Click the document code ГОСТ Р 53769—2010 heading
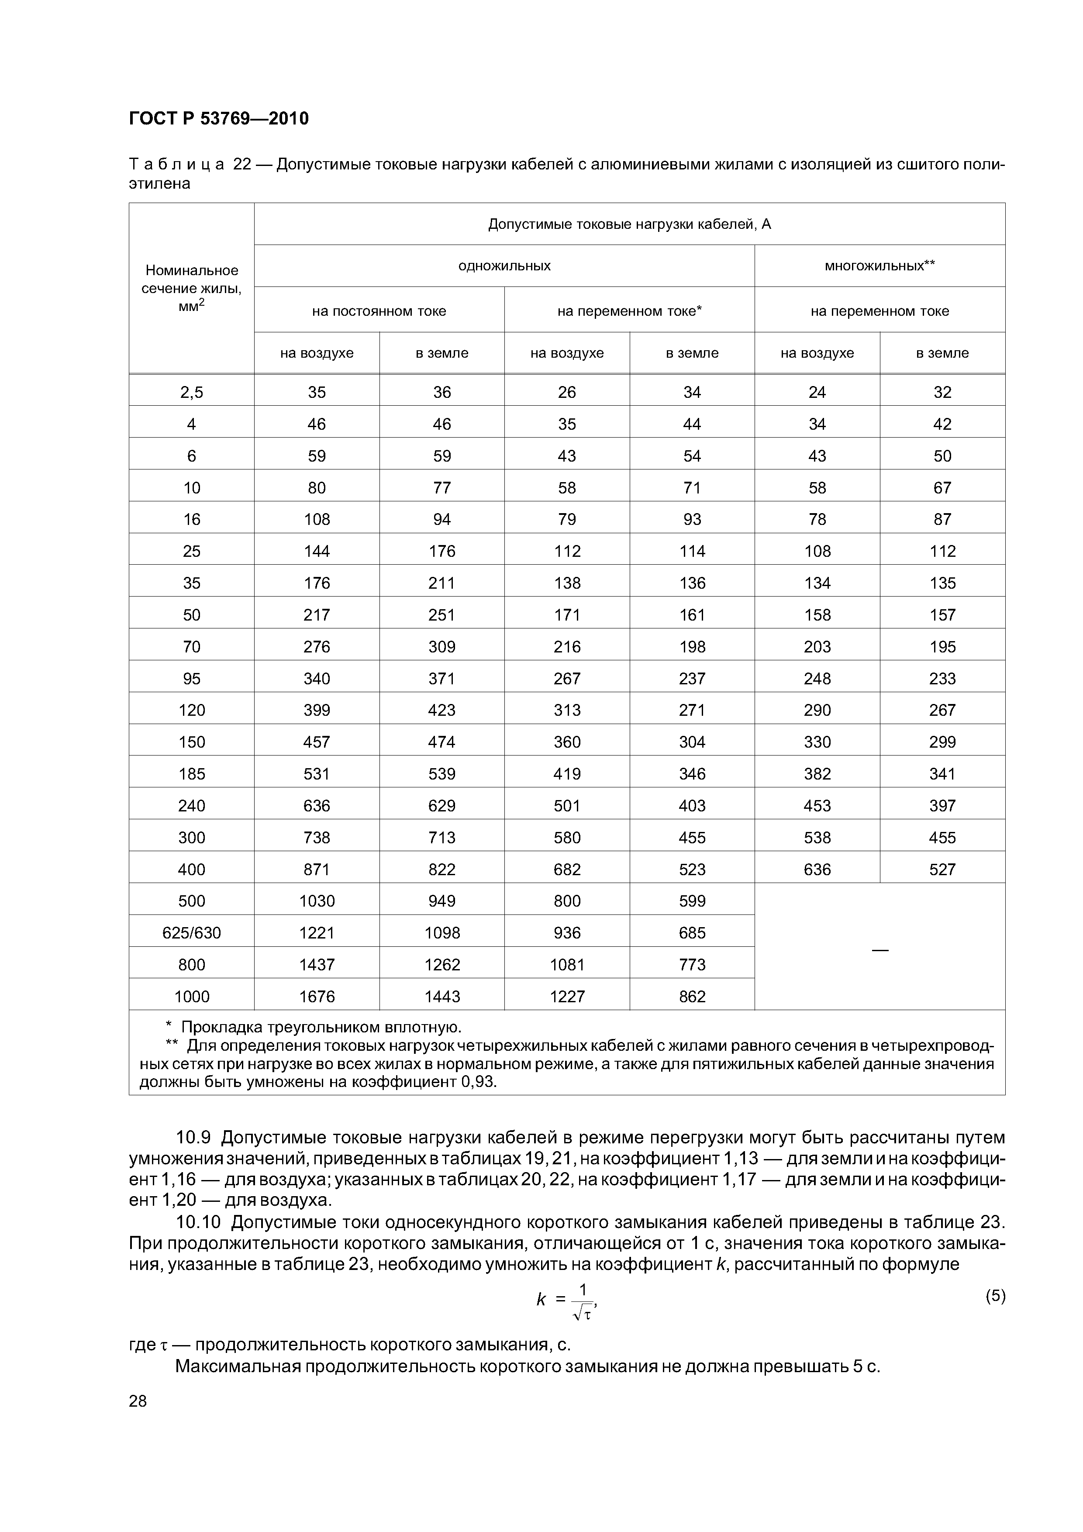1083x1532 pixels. pyautogui.click(x=219, y=119)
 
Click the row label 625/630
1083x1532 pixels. pyautogui.click(x=192, y=933)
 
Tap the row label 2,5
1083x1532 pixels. pyautogui.click(x=192, y=392)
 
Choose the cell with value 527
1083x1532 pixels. pyautogui.click(x=942, y=870)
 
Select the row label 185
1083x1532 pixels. pyautogui.click(x=192, y=774)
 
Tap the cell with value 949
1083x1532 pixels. pyautogui.click(x=442, y=901)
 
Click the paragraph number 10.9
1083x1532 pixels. pyautogui.click(x=194, y=1137)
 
